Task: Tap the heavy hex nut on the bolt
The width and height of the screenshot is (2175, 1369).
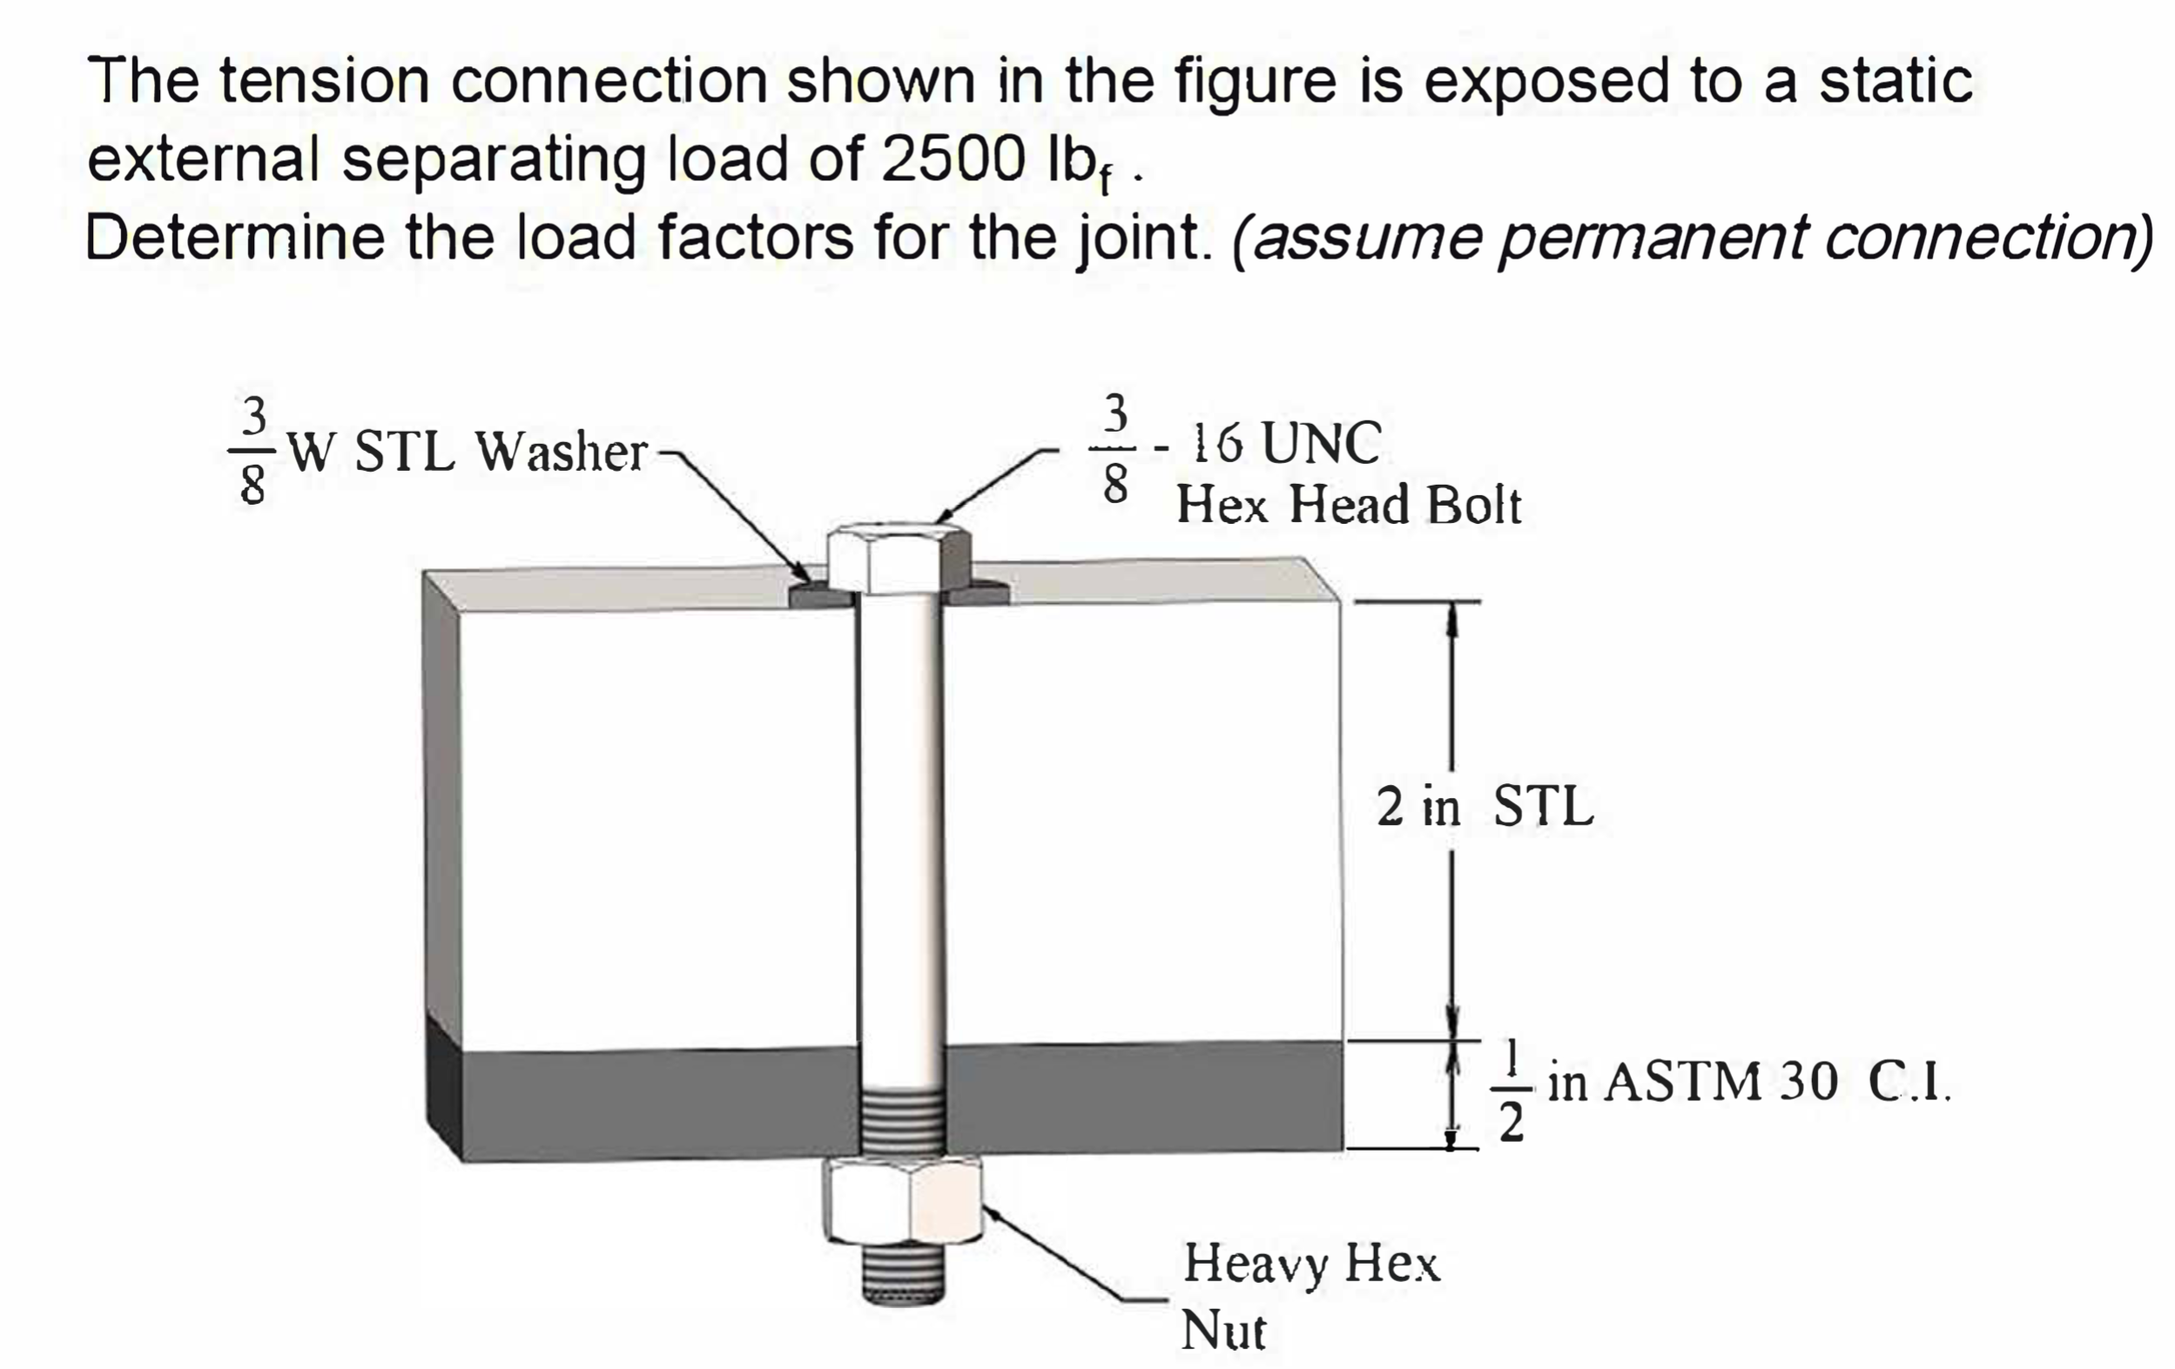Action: (901, 1200)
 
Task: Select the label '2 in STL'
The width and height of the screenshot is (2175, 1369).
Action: (1485, 807)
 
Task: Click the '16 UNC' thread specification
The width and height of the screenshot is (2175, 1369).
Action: (1287, 443)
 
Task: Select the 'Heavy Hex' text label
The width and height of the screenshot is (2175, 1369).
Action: (1310, 1264)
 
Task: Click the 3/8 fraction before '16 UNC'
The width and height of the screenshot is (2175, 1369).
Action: (1115, 449)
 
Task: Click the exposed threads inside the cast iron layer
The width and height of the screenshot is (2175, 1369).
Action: (899, 1121)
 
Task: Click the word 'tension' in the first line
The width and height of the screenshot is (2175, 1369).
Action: (324, 81)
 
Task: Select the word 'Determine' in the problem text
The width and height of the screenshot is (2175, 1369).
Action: (235, 238)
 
